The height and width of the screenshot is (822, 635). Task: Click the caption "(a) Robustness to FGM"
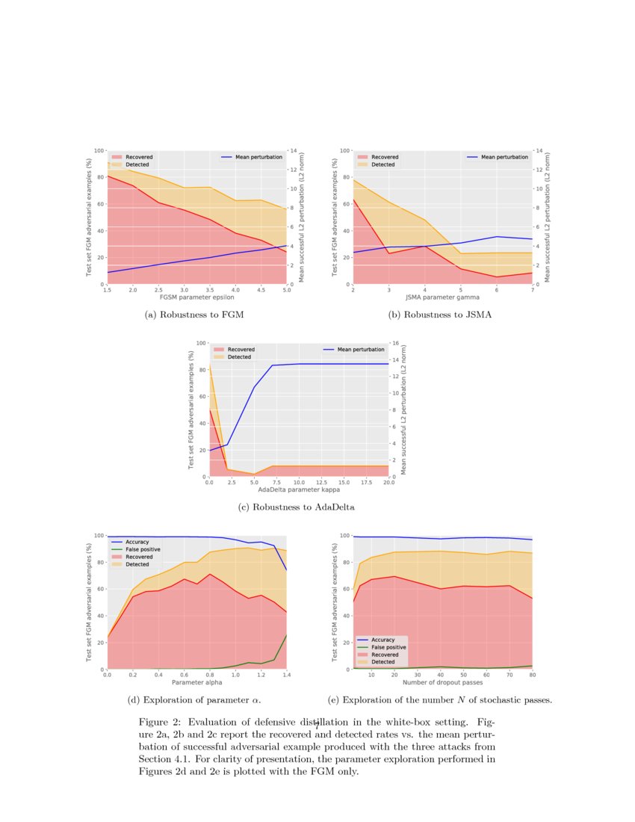click(194, 315)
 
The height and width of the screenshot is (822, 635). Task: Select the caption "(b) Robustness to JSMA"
click(440, 315)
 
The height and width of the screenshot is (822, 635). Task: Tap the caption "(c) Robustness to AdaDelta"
click(296, 507)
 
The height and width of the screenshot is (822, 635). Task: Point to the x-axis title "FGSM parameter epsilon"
click(196, 297)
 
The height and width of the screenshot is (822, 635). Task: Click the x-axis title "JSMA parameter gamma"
click(442, 297)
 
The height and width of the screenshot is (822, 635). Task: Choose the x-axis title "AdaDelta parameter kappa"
click(298, 490)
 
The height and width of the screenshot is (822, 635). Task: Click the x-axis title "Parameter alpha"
click(197, 682)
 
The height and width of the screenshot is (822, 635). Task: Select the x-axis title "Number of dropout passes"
click(442, 682)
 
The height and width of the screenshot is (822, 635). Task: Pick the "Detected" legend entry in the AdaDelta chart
click(239, 357)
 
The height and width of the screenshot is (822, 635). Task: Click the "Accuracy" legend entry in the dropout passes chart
click(382, 640)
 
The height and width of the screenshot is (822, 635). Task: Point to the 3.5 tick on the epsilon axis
click(209, 290)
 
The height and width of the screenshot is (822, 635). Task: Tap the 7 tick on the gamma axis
click(532, 290)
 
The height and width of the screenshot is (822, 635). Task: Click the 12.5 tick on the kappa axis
click(321, 483)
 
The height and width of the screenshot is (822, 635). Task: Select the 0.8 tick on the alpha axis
click(210, 675)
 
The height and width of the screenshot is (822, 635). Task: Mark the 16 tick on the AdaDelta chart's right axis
click(395, 343)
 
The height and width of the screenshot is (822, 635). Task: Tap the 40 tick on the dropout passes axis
click(441, 675)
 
